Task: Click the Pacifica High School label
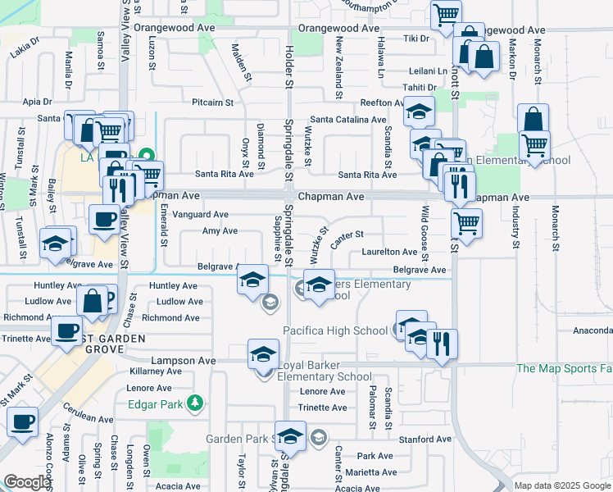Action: [335, 330]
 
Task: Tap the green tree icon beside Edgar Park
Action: [194, 403]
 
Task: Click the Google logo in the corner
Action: [28, 482]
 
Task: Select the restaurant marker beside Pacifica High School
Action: [442, 344]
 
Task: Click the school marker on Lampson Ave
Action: [263, 354]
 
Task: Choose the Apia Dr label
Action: [38, 102]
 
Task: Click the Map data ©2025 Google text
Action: [562, 485]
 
